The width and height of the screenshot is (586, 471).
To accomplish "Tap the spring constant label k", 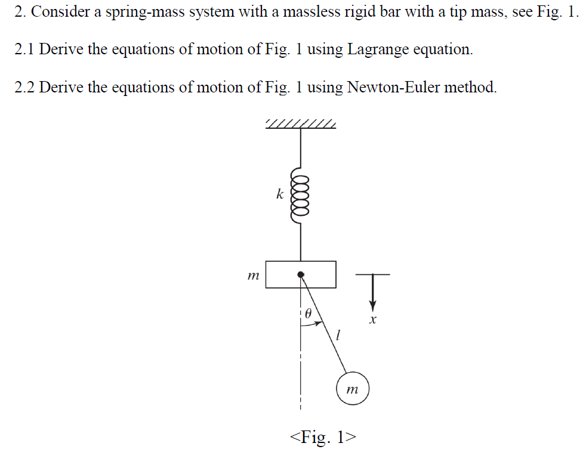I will pos(279,194).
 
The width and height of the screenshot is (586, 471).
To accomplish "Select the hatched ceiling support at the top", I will pos(300,124).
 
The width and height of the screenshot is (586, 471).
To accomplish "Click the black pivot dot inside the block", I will pos(301,274).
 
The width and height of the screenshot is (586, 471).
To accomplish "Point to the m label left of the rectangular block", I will pos(253,276).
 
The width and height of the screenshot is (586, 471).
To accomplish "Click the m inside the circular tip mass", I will pos(353,390).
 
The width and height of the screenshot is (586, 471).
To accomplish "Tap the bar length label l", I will pos(338,336).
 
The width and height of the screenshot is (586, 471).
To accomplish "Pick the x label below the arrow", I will pos(373,321).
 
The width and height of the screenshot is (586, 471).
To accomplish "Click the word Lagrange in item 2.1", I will pos(377,49).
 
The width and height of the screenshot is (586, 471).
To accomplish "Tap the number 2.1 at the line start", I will pos(24,49).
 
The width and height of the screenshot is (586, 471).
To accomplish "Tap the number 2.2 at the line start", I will pos(24,88).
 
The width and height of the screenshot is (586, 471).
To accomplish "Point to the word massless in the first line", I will pos(298,13).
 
